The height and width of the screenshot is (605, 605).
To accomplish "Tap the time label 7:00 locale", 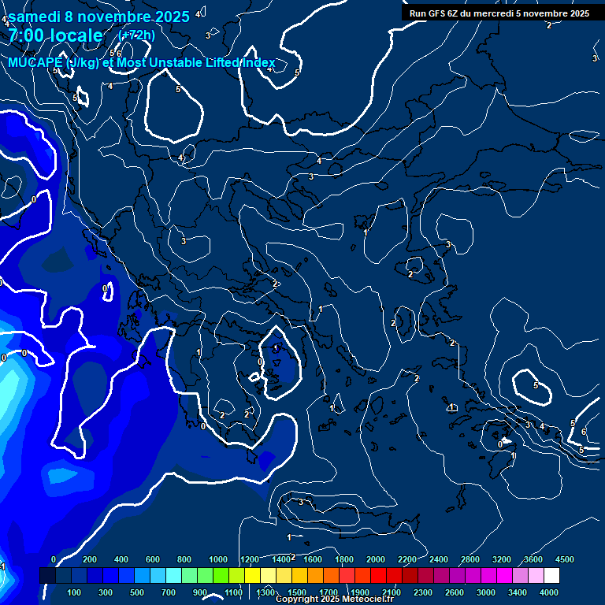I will pos(56,35).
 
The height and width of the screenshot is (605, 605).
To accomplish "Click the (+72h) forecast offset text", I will pos(136,35).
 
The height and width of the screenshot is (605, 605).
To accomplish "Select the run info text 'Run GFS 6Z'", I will pos(437,13).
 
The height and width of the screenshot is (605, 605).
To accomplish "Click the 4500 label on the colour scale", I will pos(564,559).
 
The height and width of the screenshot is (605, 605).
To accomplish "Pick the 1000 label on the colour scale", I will pos(218,559).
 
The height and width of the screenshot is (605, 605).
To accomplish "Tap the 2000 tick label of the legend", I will pos(376,559).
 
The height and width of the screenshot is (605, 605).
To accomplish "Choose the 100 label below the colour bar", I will pos(74,592).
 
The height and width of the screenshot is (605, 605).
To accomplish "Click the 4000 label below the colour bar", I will pos(549,592).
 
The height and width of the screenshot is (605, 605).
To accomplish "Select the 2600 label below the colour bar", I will pos(455,592).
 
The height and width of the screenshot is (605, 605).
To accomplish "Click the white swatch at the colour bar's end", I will pos(551,576).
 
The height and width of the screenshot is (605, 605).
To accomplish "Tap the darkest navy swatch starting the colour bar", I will pos(47,576).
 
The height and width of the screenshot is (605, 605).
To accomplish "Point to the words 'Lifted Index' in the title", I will pos(240,63).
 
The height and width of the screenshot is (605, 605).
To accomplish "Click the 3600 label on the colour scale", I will pos(533,559).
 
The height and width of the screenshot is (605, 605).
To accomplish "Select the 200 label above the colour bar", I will pos(90,559).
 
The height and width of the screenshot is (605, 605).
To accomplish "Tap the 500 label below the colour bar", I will pos(137,592).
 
